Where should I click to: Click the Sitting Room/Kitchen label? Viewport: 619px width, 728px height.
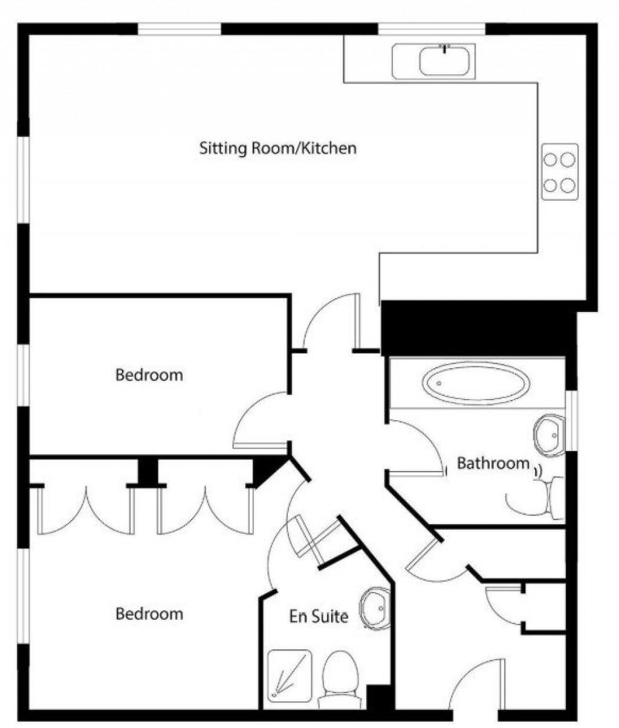click(277, 148)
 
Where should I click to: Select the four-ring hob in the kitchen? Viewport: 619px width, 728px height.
click(559, 172)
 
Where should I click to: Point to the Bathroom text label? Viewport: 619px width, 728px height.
click(493, 464)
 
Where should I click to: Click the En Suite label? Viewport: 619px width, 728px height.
click(319, 617)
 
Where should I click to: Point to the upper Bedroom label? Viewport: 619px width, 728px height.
click(149, 375)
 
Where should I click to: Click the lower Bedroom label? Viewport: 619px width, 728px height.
click(149, 614)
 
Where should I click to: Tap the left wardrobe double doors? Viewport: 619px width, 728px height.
click(85, 512)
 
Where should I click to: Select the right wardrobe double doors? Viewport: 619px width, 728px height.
click(205, 512)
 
